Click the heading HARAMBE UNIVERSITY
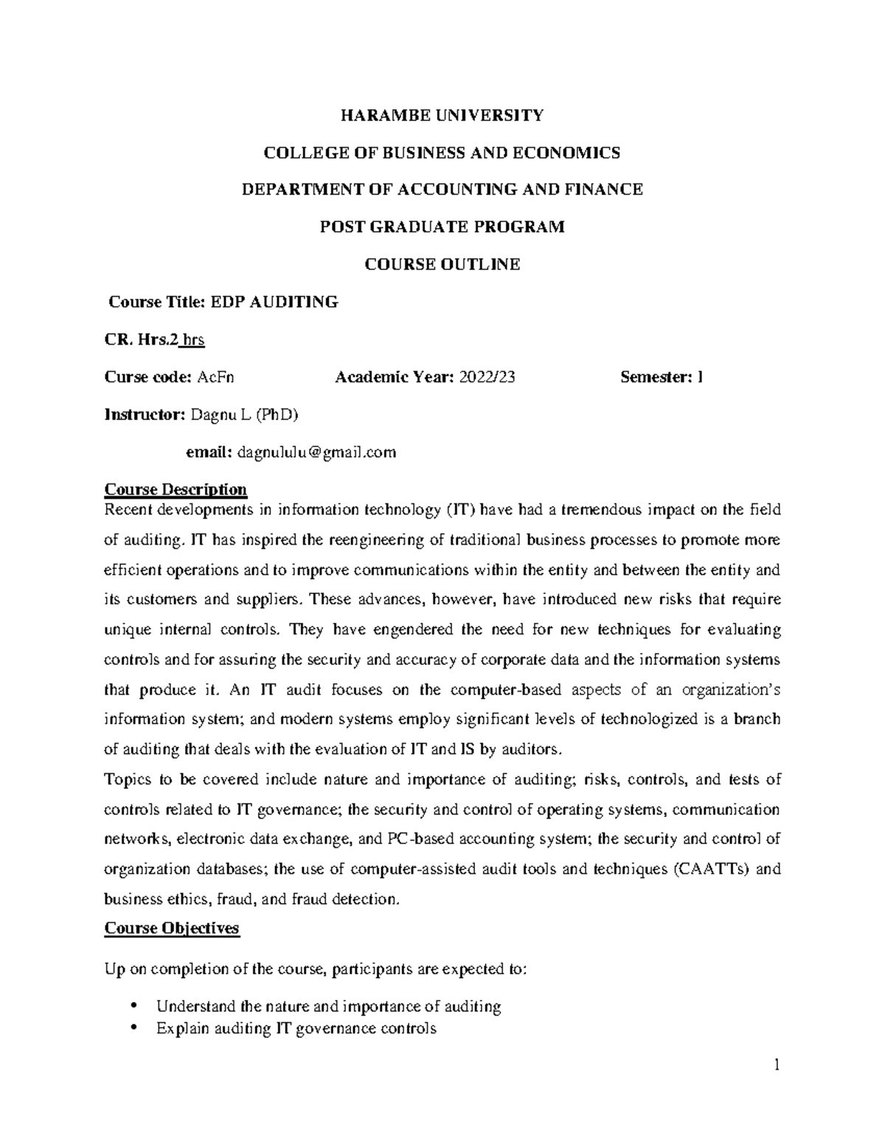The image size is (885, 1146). [442, 115]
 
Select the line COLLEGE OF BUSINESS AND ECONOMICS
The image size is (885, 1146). [442, 153]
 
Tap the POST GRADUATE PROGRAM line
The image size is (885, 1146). [442, 227]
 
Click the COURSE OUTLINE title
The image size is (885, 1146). [442, 264]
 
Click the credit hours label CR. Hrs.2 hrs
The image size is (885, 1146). [154, 339]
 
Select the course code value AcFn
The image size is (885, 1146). [215, 377]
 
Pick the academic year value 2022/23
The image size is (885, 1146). [486, 377]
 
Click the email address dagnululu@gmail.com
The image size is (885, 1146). [317, 452]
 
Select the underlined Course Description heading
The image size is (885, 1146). [176, 489]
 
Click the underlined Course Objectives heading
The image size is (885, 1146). [172, 928]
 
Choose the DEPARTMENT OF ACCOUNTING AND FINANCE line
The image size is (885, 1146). [442, 190]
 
